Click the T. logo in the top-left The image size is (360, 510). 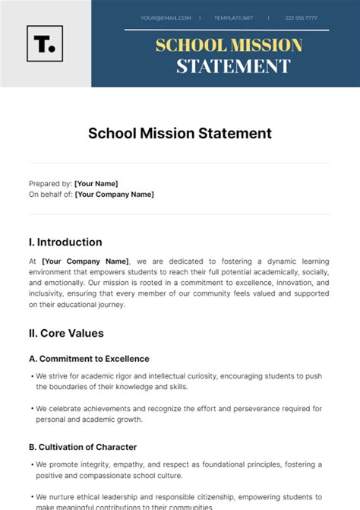pos(45,43)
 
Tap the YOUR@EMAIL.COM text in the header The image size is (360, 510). pos(162,17)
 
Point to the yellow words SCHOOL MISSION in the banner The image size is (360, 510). pos(229,45)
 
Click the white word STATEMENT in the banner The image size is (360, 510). pos(233,67)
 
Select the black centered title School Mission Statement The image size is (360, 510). pos(180,133)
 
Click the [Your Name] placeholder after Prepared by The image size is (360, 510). pos(96,183)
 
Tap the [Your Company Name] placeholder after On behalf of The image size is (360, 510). pos(114,194)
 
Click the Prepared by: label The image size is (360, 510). pos(50,183)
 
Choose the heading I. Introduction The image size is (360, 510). pos(65,242)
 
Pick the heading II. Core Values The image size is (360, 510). pos(66,333)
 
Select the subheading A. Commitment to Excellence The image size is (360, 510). pos(89,359)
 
